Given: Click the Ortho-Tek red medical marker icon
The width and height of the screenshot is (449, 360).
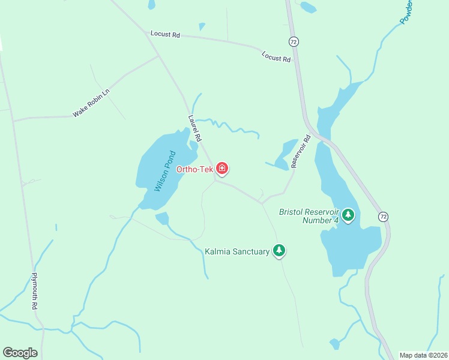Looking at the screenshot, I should [x=222, y=169].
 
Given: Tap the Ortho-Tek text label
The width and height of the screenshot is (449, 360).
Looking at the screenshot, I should [x=194, y=169].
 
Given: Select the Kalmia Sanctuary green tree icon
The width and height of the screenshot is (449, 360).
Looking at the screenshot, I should [x=279, y=250].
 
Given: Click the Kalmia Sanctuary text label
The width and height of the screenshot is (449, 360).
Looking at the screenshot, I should [x=237, y=252].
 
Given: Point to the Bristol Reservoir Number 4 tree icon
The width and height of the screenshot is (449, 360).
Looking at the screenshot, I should [x=348, y=215].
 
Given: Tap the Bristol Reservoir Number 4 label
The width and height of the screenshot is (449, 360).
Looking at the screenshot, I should [x=309, y=216].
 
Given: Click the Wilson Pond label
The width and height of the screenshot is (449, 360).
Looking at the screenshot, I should [x=163, y=171].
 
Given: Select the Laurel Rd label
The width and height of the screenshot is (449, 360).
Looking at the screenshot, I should [x=195, y=129].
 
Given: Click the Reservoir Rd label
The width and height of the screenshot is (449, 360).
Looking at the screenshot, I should [x=301, y=151].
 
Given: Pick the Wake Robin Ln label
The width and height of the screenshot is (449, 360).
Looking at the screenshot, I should [x=91, y=103].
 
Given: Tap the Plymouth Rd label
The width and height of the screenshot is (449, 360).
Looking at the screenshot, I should [x=35, y=291].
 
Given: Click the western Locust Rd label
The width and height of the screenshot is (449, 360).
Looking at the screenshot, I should [x=165, y=35].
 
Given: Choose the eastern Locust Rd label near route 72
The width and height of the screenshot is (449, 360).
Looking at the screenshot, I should [x=276, y=57].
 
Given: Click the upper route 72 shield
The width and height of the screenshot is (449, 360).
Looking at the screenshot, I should [x=293, y=42].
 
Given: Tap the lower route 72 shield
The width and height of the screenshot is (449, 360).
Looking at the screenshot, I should [x=383, y=215].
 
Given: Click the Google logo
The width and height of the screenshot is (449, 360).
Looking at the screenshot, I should [x=20, y=353].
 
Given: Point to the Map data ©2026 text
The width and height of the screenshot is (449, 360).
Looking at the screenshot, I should [x=423, y=355].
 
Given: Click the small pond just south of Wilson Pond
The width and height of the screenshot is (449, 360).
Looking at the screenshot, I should [x=162, y=218].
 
